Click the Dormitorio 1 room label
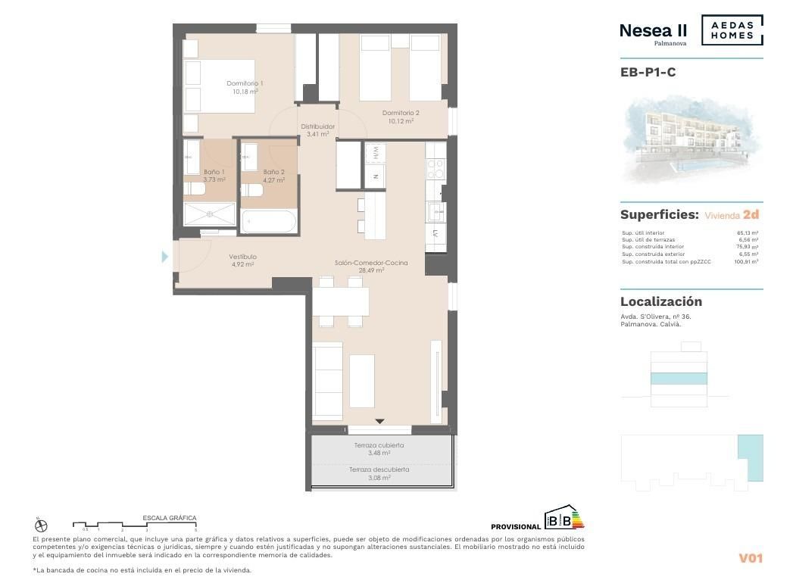tap(245, 83)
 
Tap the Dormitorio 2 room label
tap(401, 113)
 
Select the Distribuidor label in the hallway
tap(317, 126)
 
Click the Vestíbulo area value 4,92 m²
tap(242, 264)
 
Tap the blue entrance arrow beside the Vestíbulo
tap(164, 257)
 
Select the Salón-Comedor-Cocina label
tap(371, 263)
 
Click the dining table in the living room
tap(340, 301)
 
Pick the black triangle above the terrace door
tap(379, 421)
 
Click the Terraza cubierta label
tap(379, 445)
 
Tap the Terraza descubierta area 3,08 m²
tap(379, 478)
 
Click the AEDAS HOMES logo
tap(732, 30)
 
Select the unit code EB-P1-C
tap(648, 73)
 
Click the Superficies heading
tap(659, 214)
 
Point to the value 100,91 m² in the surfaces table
tap(745, 261)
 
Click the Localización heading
tap(661, 301)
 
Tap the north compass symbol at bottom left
tap(41, 525)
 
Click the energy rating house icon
tap(564, 519)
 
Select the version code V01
tap(750, 558)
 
